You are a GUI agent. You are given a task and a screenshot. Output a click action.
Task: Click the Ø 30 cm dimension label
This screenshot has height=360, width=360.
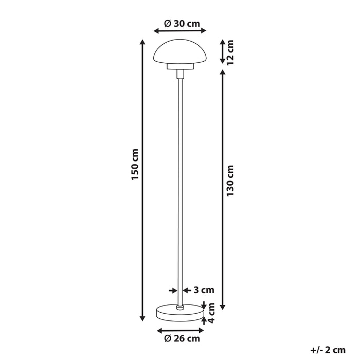tap(182, 24)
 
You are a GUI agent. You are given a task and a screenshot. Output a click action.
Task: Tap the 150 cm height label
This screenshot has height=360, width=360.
tap(135, 164)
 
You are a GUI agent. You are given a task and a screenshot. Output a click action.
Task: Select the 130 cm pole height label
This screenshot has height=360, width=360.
tap(230, 181)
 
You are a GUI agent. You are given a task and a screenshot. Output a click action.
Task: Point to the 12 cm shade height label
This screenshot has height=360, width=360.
tap(230, 52)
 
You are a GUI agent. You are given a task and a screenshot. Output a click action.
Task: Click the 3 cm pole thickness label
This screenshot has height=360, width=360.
tap(204, 290)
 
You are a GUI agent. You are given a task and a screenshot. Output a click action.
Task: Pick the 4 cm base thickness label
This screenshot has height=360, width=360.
tap(211, 313)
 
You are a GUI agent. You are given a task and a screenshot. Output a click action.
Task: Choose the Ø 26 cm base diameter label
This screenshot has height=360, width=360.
tap(182, 338)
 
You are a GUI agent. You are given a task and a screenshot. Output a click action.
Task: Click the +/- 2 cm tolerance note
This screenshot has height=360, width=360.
tap(328, 350)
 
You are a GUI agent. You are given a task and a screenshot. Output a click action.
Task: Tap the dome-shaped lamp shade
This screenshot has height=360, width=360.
tap(180, 51)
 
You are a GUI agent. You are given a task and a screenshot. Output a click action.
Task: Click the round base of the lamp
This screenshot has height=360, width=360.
tap(180, 313)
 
